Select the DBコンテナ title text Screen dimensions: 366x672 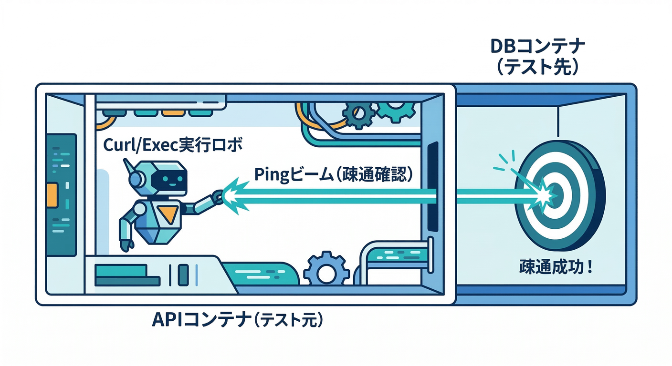click(537, 47)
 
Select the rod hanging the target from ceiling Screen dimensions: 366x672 click(558, 122)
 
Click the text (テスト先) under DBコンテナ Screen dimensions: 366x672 click(537, 67)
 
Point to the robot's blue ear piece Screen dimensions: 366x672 click(136, 180)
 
